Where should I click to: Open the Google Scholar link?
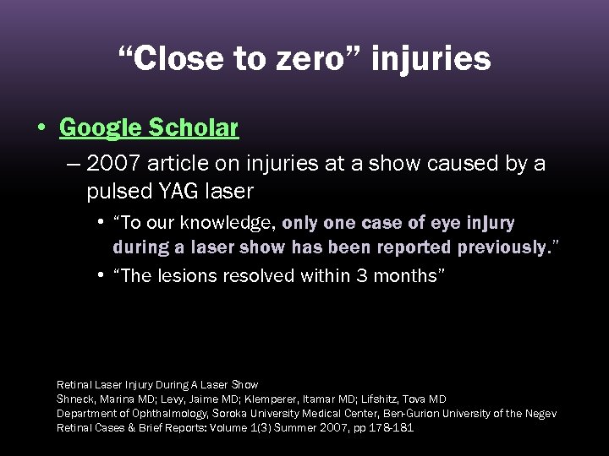tap(149, 128)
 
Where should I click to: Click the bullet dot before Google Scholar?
tap(41, 128)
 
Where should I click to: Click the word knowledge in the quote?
tap(233, 224)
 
